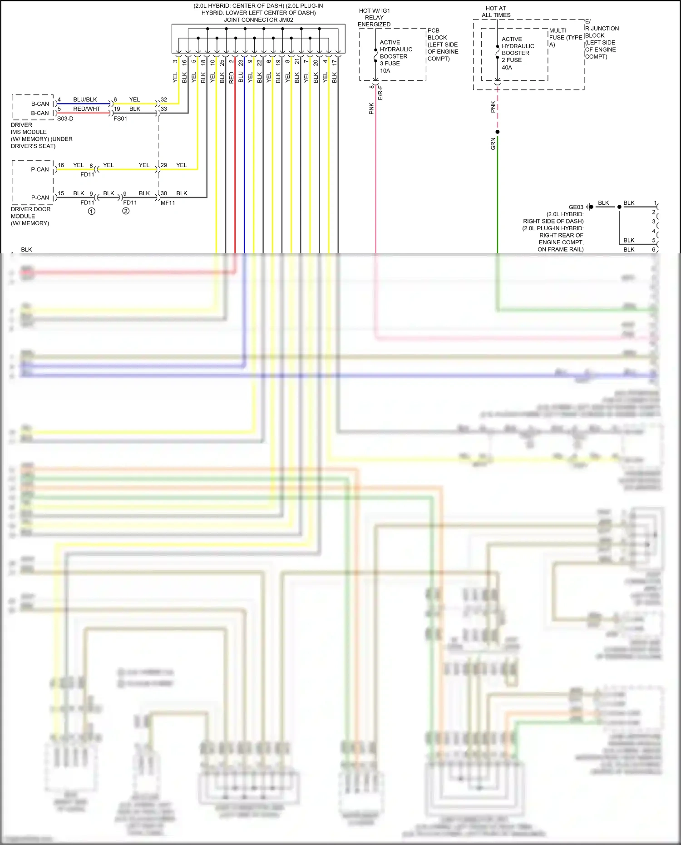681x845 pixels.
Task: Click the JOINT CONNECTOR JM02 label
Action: (x=258, y=20)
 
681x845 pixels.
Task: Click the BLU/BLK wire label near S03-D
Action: (x=85, y=99)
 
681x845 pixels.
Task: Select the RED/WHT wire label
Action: (x=86, y=109)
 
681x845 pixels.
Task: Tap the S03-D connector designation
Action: (x=65, y=119)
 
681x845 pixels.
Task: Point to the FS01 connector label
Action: (x=120, y=119)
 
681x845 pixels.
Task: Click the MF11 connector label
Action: (x=168, y=203)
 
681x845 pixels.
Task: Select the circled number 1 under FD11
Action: (x=91, y=211)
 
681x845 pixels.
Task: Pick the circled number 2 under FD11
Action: (x=126, y=211)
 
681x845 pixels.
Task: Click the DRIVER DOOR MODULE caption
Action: (x=30, y=216)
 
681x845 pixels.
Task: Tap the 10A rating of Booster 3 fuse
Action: (x=385, y=70)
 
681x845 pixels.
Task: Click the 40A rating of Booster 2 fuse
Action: (x=507, y=67)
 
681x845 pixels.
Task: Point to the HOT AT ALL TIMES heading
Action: (x=496, y=12)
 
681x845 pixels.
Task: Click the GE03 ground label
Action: (x=576, y=207)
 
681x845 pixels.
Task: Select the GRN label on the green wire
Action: (x=493, y=144)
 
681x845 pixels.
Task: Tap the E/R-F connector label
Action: (x=380, y=92)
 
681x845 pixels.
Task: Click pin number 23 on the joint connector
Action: (x=241, y=63)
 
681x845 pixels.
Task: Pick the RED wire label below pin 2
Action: (x=232, y=77)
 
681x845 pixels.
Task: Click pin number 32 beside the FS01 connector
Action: (x=164, y=99)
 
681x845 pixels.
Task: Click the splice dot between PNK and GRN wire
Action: (x=498, y=132)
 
